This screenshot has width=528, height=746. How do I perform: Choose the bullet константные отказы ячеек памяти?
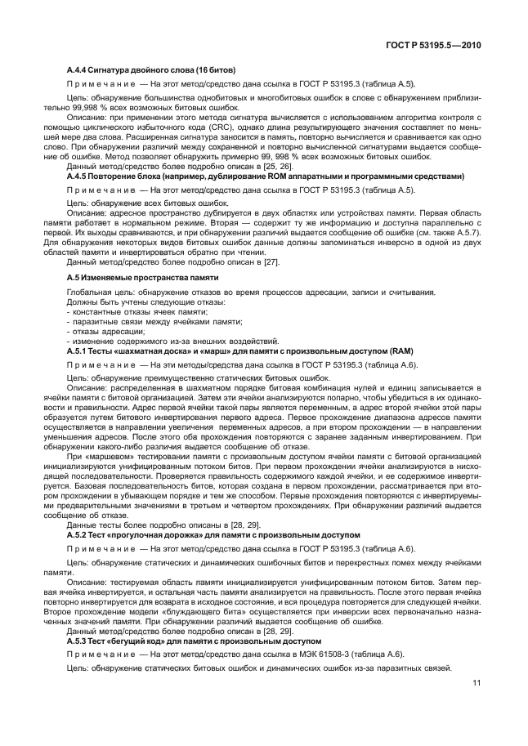(132, 310)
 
